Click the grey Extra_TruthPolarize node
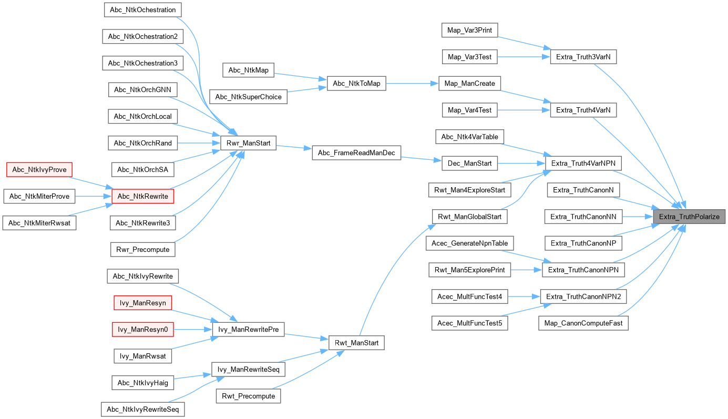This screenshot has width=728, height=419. tap(689, 217)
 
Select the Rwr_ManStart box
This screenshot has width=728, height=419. tap(248, 142)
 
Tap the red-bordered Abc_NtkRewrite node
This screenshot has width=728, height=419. tap(143, 196)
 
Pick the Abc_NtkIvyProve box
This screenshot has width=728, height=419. tap(39, 169)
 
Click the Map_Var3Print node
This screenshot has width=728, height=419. tap(469, 30)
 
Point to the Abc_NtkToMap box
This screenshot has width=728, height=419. tap(356, 83)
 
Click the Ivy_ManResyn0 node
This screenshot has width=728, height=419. tap(142, 330)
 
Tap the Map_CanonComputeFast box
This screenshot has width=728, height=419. tap(583, 323)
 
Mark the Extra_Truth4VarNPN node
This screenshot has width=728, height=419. tap(583, 163)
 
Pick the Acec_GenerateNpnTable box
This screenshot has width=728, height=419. tap(469, 243)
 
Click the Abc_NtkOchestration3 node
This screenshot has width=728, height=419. tap(142, 63)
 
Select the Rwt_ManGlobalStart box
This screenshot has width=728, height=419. tap(469, 217)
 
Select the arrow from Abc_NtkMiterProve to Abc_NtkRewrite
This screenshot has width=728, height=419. tap(94, 196)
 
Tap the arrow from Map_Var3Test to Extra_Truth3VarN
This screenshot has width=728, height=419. tap(522, 57)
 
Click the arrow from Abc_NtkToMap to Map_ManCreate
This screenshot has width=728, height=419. tap(413, 83)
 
